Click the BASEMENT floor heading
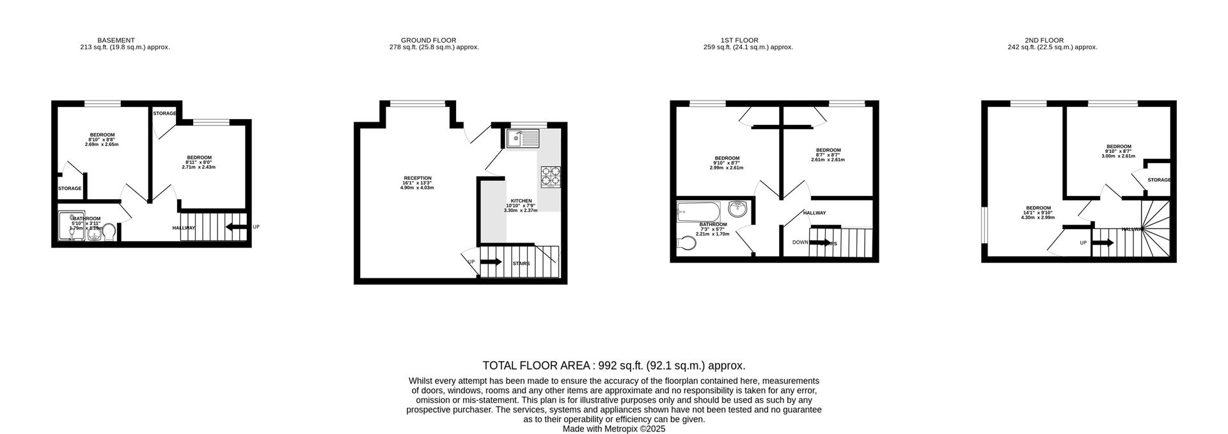[x=116, y=40]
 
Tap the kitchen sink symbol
[x=523, y=138]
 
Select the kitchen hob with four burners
[x=551, y=176]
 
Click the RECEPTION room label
[x=417, y=178]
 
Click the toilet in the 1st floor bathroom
[x=686, y=243]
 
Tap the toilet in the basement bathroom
[x=108, y=231]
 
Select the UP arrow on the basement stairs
[x=237, y=227]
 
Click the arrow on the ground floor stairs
[x=491, y=262]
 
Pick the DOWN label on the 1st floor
[x=800, y=242]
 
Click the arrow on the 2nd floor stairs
[x=1103, y=243]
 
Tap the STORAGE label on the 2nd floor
[x=1158, y=180]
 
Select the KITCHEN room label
[x=521, y=201]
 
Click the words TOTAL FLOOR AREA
[x=536, y=366]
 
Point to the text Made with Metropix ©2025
[x=613, y=429]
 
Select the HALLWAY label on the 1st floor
[x=814, y=213]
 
